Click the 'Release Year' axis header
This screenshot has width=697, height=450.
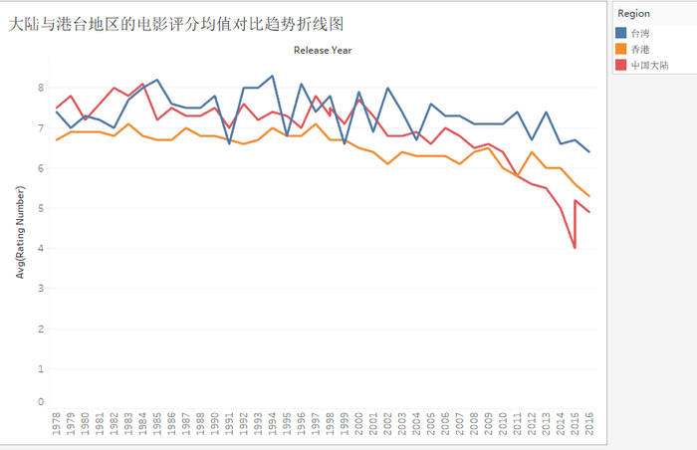pyautogui.click(x=322, y=50)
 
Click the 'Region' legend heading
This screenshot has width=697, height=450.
pyautogui.click(x=633, y=14)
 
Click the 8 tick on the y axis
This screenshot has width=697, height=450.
pyautogui.click(x=41, y=88)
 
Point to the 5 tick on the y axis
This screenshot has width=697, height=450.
pyautogui.click(x=41, y=208)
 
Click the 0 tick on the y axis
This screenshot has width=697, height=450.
pyautogui.click(x=41, y=402)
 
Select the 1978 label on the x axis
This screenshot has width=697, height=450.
pyautogui.click(x=57, y=426)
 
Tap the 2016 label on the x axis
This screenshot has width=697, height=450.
pyautogui.click(x=589, y=426)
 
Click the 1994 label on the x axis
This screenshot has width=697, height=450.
pyautogui.click(x=273, y=426)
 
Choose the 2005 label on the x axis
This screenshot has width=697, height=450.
pyautogui.click(x=430, y=426)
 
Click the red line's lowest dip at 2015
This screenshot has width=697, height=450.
pyautogui.click(x=575, y=248)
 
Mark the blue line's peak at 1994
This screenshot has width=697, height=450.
pyautogui.click(x=273, y=76)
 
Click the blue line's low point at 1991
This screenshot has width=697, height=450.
pyautogui.click(x=230, y=143)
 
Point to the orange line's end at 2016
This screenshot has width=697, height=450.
pyautogui.click(x=589, y=196)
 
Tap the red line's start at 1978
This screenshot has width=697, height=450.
pyautogui.click(x=57, y=108)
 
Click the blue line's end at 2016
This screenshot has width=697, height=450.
pyautogui.click(x=589, y=151)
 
